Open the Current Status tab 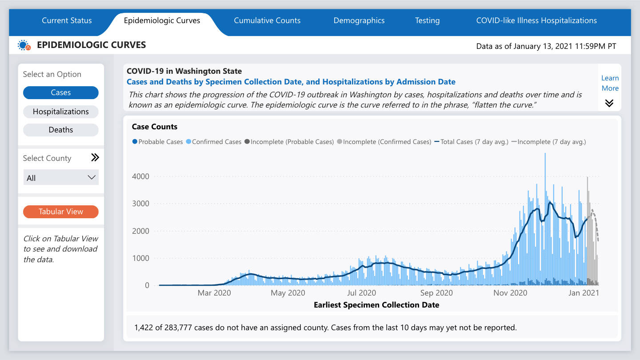(67, 20)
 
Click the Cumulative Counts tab (267, 20)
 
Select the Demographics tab (359, 20)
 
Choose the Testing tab (427, 20)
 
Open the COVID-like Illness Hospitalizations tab (536, 20)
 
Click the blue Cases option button (61, 92)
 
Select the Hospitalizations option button (61, 112)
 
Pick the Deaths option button (61, 130)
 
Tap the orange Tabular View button (61, 212)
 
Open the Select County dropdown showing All (61, 178)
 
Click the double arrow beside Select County (95, 158)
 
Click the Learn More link (610, 83)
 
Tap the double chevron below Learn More (609, 103)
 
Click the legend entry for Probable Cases (157, 142)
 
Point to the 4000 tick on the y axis (140, 176)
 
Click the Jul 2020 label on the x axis (361, 293)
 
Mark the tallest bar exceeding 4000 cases (545, 178)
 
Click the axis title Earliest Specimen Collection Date (376, 305)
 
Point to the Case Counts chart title (155, 127)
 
